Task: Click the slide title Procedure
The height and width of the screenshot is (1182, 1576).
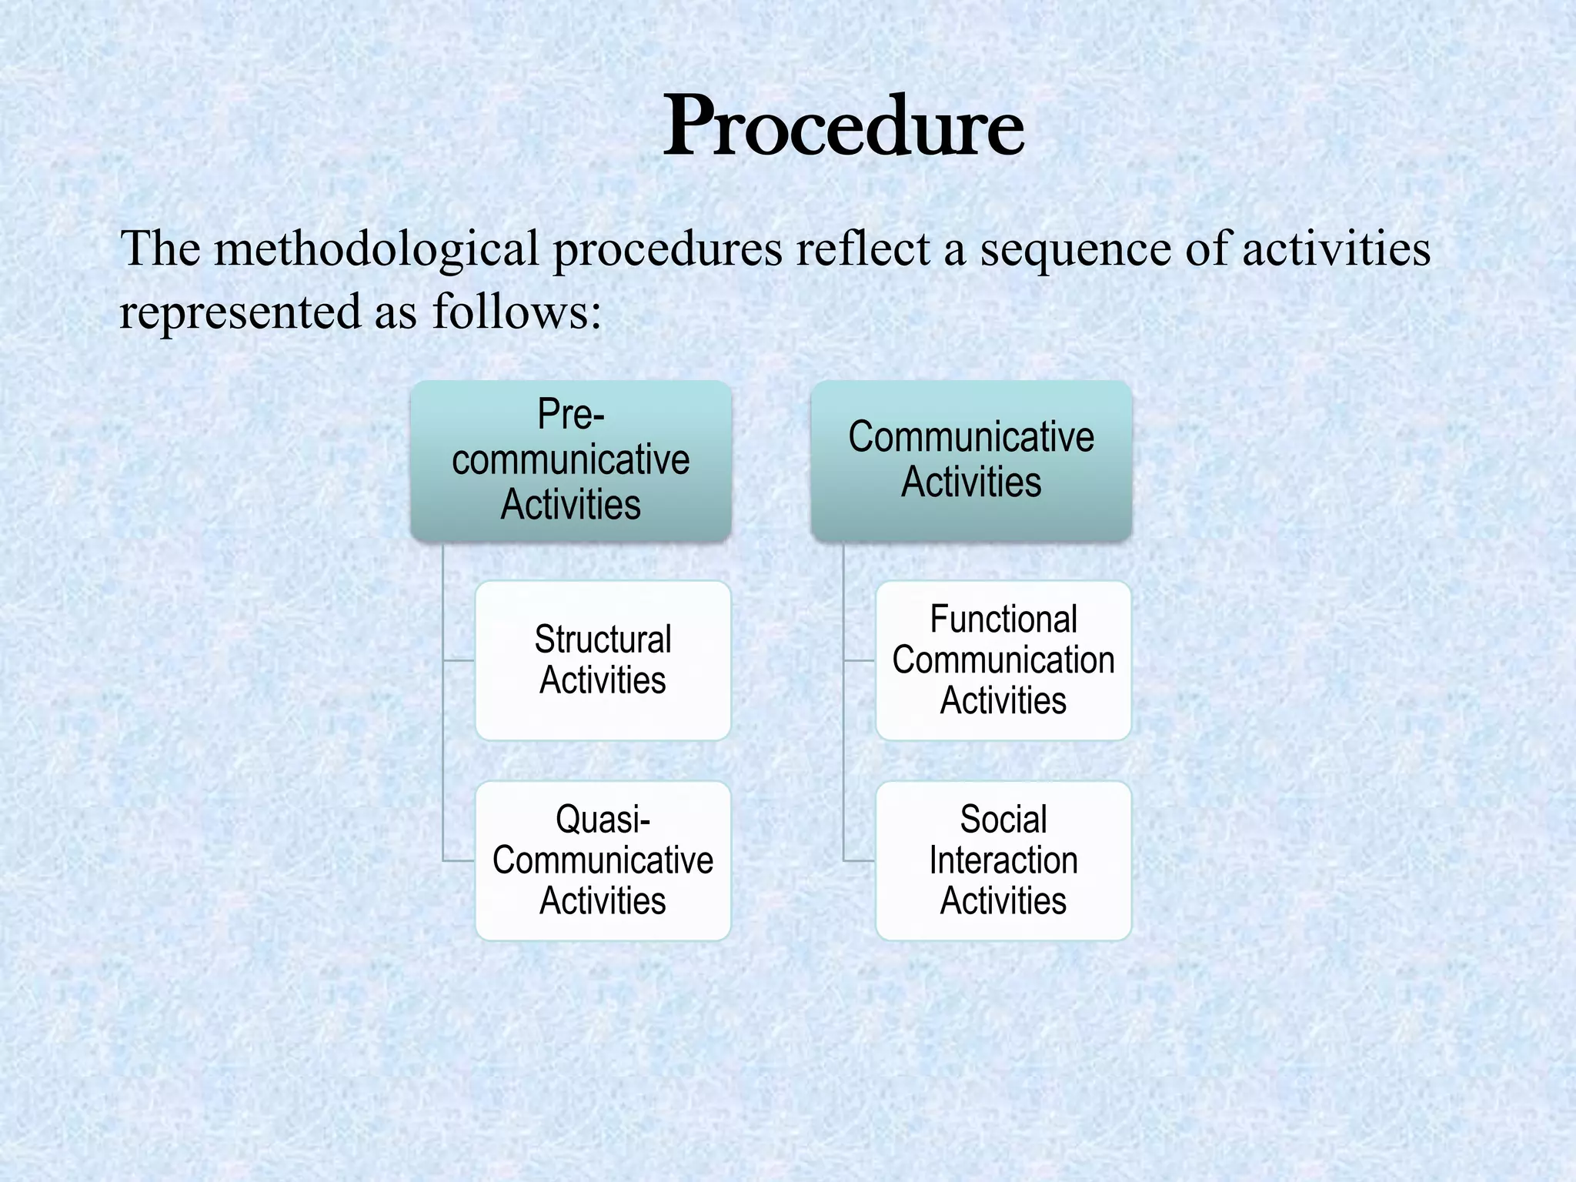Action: pos(843,127)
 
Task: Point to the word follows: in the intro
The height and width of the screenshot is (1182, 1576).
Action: pos(516,312)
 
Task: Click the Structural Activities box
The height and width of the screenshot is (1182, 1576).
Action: pos(603,660)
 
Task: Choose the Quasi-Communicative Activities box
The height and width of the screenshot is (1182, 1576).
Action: pos(603,860)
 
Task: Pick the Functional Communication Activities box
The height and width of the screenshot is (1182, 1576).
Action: pos(1003,660)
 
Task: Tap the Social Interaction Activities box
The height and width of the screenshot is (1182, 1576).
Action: pos(1003,860)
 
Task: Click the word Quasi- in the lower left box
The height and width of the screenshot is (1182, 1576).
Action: pos(603,820)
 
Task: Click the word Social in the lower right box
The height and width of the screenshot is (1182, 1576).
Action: pos(1003,820)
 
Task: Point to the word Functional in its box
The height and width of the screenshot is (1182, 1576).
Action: pos(1003,619)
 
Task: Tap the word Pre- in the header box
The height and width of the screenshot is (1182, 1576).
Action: pos(570,416)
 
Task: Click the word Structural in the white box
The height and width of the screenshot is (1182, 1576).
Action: pos(603,640)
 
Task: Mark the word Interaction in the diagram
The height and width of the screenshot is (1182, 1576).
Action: pos(1003,860)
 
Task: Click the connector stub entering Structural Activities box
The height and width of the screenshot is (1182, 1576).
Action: pos(459,660)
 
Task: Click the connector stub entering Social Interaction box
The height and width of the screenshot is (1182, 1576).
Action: pos(860,860)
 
